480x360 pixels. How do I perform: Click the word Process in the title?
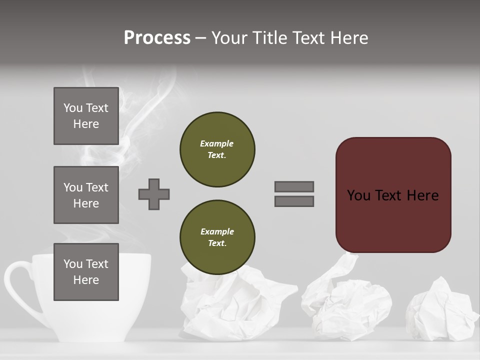pos(157,38)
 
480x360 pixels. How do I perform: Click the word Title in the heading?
pos(270,38)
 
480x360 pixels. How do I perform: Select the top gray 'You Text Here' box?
pos(86,116)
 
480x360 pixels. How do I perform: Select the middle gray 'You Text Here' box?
pos(86,195)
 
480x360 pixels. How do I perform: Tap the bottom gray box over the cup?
pos(86,272)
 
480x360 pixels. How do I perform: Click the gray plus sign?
pos(154,194)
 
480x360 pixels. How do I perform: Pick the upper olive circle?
pos(217,149)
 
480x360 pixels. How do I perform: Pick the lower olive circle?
pos(217,237)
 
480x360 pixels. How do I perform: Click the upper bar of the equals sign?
pos(294,186)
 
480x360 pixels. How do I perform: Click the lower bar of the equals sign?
pos(294,201)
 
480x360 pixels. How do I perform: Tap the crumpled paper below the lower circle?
pos(230,305)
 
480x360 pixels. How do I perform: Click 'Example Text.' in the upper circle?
pos(217,149)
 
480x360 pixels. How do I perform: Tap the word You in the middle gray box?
pos(72,187)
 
